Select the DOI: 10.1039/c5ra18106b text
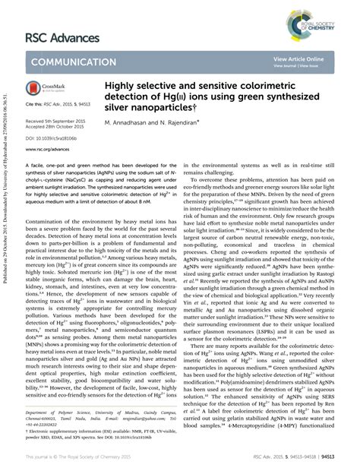tap(56, 139)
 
